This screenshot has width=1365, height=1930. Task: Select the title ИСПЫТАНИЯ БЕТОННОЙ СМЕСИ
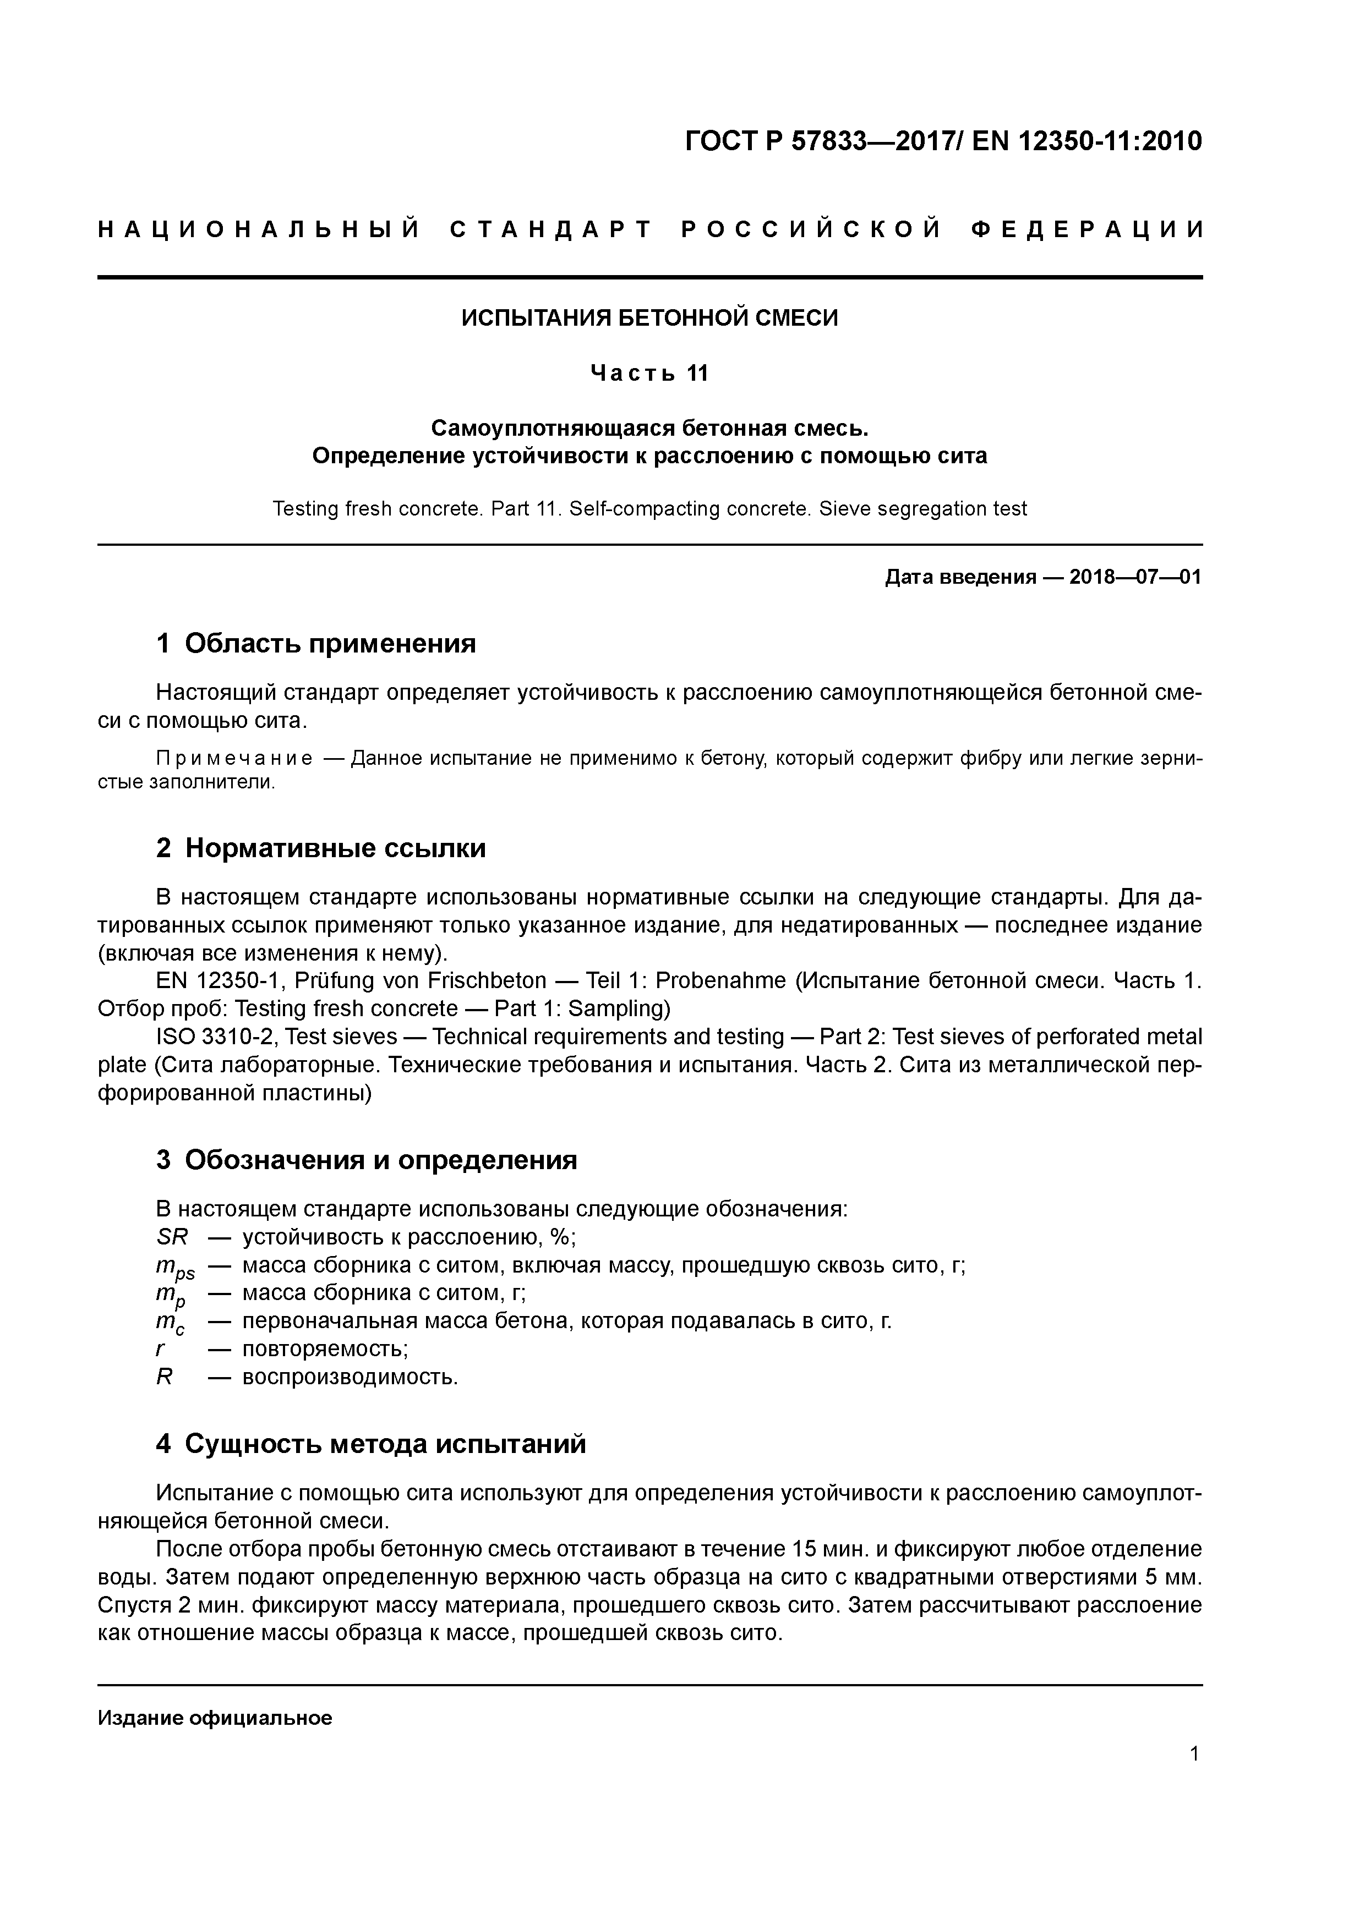pyautogui.click(x=649, y=318)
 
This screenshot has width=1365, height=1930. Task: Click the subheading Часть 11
pyautogui.click(x=649, y=372)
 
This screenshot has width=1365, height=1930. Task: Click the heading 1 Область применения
pyautogui.click(x=316, y=644)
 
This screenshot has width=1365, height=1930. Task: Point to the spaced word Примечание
pyautogui.click(x=234, y=759)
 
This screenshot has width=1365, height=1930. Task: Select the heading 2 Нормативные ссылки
pyautogui.click(x=321, y=848)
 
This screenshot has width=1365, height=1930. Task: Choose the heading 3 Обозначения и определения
pyautogui.click(x=367, y=1160)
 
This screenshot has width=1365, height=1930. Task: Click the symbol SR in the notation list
pyautogui.click(x=172, y=1237)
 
